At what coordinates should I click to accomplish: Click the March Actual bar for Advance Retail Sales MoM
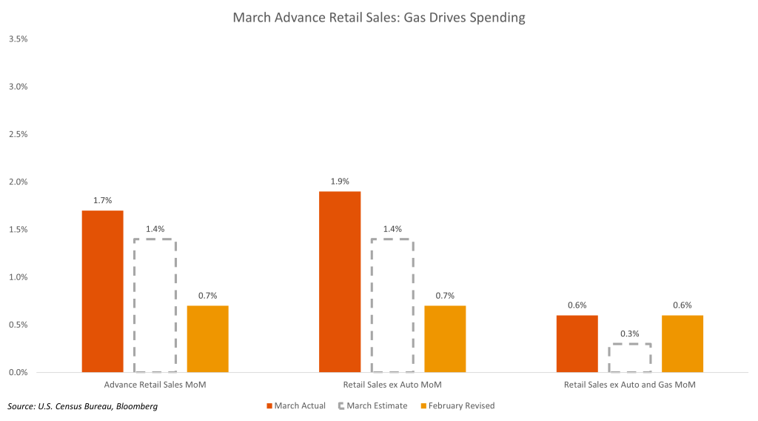[x=102, y=291]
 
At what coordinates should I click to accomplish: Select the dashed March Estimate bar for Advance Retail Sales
[x=155, y=305]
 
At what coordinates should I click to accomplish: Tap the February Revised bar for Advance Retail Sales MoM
[x=207, y=339]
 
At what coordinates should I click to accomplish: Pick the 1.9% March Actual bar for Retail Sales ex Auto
[x=340, y=282]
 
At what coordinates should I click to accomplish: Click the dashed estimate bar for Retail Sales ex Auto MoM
[x=392, y=305]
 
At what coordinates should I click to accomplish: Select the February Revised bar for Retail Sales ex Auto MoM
[x=445, y=339]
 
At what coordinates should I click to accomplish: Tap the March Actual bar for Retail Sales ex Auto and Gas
[x=577, y=343]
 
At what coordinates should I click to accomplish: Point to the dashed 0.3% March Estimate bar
[x=629, y=358]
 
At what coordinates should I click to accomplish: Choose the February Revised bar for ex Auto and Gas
[x=682, y=343]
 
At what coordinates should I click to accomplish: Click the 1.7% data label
[x=102, y=201]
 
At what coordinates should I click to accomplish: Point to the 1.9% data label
[x=340, y=182]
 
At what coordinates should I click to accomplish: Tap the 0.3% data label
[x=629, y=333]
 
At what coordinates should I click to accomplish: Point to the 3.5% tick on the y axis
[x=18, y=39]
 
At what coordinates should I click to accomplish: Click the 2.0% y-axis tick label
[x=18, y=182]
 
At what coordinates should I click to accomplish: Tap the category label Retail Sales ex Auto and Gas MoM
[x=629, y=385]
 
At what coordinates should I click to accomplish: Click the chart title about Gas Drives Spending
[x=379, y=17]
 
